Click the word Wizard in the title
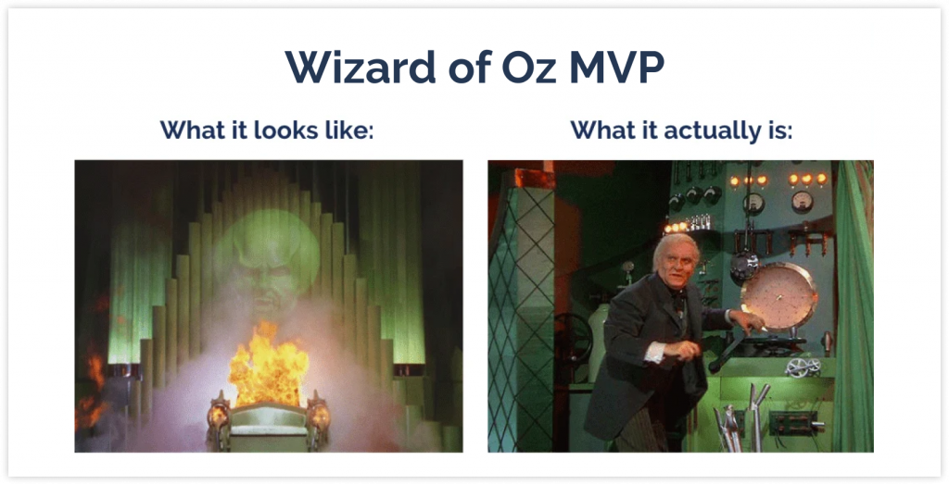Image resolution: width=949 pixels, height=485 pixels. coord(361,67)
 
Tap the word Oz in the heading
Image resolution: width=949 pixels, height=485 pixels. coord(528,67)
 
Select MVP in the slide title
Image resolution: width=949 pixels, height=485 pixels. coord(616,67)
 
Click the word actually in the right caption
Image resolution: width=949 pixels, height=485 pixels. coord(698,131)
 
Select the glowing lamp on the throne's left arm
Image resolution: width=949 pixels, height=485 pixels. coord(217,416)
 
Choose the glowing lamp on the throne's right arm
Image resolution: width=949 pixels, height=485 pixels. coord(319,416)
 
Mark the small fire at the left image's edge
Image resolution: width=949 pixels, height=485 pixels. coord(90,387)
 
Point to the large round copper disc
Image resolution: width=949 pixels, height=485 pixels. coord(778,297)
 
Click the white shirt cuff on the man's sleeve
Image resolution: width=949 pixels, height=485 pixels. coord(654,352)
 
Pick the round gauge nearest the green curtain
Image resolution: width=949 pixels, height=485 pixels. coord(802,202)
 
